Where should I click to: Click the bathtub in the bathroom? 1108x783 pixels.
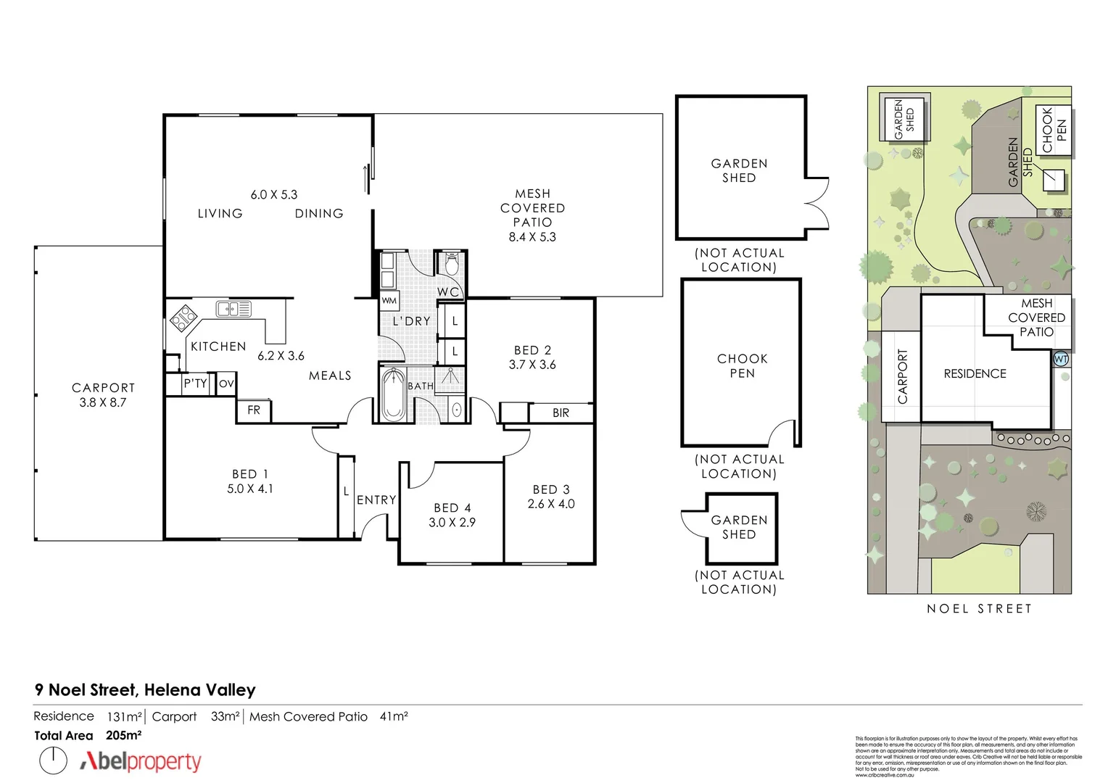[392, 395]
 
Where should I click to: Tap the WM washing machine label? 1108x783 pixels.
[389, 300]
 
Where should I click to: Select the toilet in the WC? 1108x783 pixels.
[452, 265]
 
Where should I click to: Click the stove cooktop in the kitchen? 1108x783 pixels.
[183, 318]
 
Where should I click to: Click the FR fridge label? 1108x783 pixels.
[254, 410]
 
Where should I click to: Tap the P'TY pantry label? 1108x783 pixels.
[195, 384]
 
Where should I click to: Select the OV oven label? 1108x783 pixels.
[226, 384]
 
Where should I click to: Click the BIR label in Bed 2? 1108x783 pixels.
[561, 413]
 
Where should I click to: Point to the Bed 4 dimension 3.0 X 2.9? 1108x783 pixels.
[452, 522]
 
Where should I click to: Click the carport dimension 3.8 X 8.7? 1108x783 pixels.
[103, 402]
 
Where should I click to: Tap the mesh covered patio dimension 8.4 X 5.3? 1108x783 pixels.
[532, 237]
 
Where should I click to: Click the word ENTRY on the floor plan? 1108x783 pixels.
[376, 500]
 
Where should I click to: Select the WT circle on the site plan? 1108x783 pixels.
[1060, 359]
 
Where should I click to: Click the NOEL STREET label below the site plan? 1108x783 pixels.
[978, 609]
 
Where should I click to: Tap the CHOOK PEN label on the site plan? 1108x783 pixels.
[1054, 130]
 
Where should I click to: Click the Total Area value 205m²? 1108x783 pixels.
[123, 735]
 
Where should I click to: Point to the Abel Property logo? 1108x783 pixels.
[141, 761]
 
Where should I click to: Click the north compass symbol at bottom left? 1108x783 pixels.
[53, 761]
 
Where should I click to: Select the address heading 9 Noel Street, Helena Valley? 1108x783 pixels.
[145, 690]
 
